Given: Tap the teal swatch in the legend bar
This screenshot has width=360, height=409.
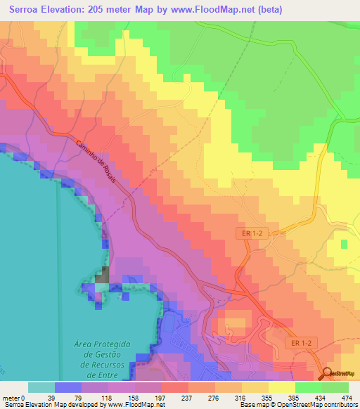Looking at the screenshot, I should click(41, 387).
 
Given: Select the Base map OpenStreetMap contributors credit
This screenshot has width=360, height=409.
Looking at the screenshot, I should click(309, 405).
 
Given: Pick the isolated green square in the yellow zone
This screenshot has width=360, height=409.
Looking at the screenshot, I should click(343, 245).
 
